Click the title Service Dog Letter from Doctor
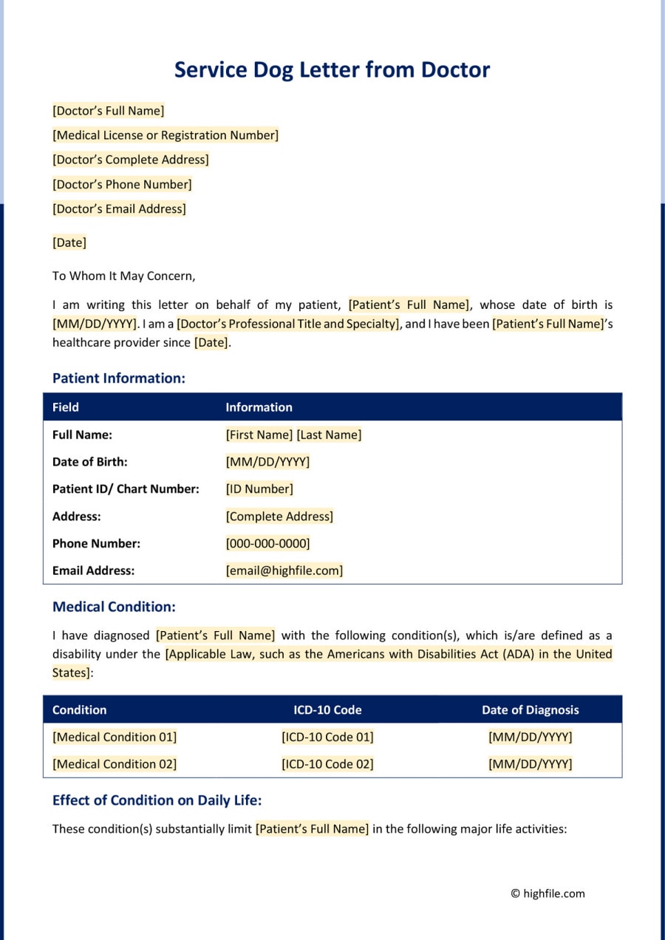point(332,69)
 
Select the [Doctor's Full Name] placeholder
point(108,111)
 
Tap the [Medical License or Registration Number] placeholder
point(166,135)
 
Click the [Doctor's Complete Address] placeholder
point(130,160)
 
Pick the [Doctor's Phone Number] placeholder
point(122,184)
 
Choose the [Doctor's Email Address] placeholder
point(119,208)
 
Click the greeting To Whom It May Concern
point(123,276)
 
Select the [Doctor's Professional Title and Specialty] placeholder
point(288,324)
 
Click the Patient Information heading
point(118,378)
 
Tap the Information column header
point(259,407)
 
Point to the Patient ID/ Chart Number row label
point(126,488)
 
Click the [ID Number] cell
point(259,488)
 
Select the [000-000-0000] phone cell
point(267,543)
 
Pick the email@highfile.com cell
point(284,571)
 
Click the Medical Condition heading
point(114,607)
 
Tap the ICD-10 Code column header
point(327,709)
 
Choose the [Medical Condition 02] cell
point(115,764)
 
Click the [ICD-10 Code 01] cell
point(327,737)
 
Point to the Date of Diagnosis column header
point(530,709)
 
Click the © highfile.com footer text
point(548,893)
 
